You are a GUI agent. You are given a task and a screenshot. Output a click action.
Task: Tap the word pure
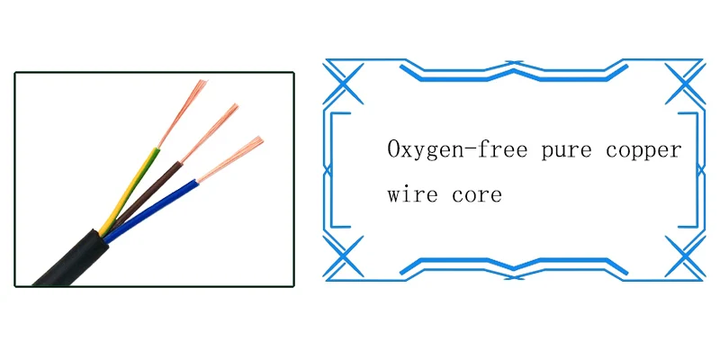click(567, 151)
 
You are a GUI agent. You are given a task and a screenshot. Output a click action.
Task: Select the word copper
click(643, 151)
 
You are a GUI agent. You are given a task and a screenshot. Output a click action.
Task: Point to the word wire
click(412, 193)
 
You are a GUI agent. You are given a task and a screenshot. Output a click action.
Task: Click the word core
click(477, 195)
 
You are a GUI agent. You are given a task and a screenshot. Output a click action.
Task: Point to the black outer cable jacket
click(71, 259)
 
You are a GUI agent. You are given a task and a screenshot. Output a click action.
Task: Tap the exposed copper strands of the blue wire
click(230, 159)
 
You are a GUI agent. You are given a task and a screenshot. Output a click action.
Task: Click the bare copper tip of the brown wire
click(210, 133)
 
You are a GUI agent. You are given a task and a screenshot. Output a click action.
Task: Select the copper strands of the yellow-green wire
click(183, 113)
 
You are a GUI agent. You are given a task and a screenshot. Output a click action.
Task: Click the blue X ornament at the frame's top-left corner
click(343, 83)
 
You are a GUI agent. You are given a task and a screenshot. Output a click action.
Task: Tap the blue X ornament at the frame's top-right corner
click(685, 83)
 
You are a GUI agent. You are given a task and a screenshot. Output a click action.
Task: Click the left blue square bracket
click(332, 170)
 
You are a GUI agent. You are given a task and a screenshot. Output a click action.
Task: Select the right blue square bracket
click(697, 170)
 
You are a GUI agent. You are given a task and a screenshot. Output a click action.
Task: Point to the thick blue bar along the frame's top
click(514, 73)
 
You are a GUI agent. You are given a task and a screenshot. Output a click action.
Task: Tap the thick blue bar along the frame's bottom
click(514, 266)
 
